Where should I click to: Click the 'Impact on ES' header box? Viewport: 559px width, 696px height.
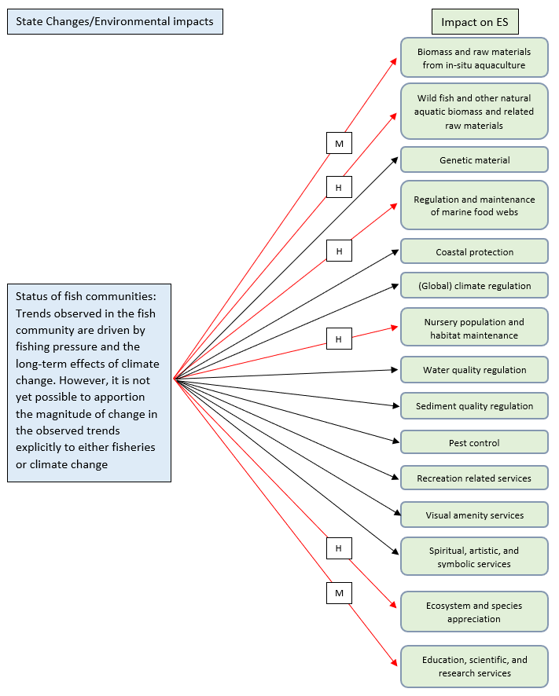[x=474, y=22]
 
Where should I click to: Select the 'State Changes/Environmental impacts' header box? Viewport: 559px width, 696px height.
[x=115, y=21]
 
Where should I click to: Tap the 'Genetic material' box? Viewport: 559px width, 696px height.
[x=474, y=160]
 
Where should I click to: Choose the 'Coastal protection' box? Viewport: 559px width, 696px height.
[x=474, y=252]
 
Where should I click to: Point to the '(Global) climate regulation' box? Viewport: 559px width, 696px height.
[x=474, y=286]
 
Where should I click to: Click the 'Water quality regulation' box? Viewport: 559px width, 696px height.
[x=474, y=370]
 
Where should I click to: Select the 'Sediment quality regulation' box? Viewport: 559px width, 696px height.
[x=474, y=406]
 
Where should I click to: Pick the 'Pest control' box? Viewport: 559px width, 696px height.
[x=474, y=443]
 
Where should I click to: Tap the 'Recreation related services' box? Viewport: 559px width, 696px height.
[x=474, y=478]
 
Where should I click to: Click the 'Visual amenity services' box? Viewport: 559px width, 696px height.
[x=474, y=515]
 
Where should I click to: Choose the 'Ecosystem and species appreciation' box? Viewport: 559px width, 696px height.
[x=474, y=612]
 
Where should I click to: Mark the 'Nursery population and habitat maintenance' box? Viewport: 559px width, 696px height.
[x=474, y=328]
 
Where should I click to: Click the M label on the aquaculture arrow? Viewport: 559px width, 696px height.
[x=339, y=143]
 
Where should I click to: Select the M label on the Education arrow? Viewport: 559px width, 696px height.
[x=339, y=593]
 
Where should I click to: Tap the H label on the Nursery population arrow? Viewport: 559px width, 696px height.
[x=339, y=339]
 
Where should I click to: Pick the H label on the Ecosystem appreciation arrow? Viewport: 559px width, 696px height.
[x=339, y=548]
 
